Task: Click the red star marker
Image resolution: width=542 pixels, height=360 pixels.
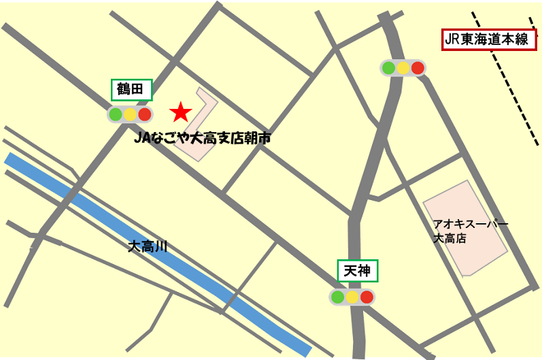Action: tap(180, 111)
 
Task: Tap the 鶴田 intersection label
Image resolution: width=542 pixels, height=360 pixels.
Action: tap(131, 89)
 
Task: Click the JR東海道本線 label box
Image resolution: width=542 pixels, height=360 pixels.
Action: tap(486, 39)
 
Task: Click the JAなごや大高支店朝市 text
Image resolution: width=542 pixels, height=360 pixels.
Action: tap(203, 138)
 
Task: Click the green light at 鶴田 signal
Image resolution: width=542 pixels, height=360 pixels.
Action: tap(116, 114)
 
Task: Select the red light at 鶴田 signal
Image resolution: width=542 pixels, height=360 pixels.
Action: tap(144, 114)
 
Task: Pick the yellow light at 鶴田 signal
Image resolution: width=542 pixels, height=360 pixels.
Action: tap(130, 114)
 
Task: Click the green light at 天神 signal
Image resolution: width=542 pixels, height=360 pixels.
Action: tap(337, 297)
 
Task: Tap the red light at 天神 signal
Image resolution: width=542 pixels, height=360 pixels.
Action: tap(367, 297)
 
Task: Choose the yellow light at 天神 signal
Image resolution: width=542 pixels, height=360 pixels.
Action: tap(352, 297)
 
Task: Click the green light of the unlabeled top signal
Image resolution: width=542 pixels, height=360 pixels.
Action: tap(388, 67)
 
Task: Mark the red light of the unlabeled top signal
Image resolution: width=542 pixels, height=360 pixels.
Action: tap(418, 67)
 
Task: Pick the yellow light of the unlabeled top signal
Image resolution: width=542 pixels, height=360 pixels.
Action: tap(403, 67)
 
